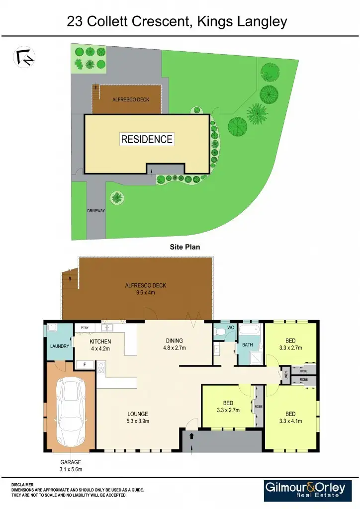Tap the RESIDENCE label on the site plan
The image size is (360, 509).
(x=147, y=140)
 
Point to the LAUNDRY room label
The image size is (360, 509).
(x=60, y=346)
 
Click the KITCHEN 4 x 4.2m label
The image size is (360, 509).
(x=100, y=345)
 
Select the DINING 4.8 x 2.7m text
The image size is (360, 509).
(x=174, y=344)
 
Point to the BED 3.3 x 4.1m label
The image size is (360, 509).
(x=290, y=418)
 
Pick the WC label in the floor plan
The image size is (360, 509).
(x=230, y=328)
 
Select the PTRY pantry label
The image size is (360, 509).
(x=85, y=328)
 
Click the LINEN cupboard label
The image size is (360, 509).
(x=285, y=375)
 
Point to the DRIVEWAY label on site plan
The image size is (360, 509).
(x=95, y=211)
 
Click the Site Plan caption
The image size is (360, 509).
(x=184, y=247)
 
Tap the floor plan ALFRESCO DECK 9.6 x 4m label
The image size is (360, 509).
(x=145, y=289)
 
